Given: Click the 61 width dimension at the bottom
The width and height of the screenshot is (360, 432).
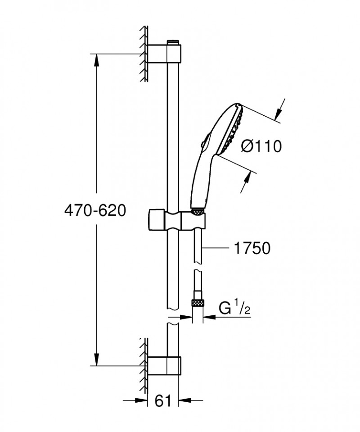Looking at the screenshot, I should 162,400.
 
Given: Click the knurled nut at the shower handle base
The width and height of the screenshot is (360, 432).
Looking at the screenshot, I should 197,210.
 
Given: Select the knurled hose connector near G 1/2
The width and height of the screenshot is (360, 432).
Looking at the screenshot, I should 197,302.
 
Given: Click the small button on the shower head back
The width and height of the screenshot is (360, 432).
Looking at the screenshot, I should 203,143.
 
